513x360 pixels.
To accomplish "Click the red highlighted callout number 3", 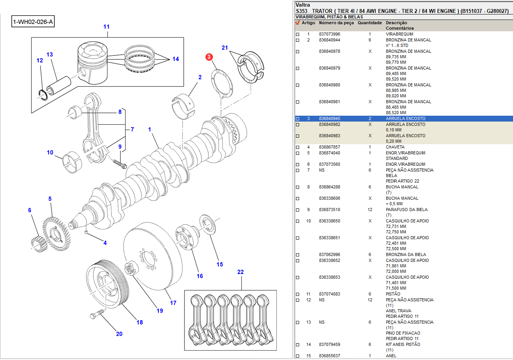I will (x=209, y=57).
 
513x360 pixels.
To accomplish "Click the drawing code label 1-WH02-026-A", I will (x=33, y=22).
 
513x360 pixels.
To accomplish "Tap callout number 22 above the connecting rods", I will (x=240, y=272).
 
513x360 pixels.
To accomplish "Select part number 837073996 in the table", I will (x=329, y=34).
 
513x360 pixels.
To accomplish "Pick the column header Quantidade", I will (x=370, y=23).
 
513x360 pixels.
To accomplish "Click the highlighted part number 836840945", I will (x=329, y=118).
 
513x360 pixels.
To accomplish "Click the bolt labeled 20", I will (x=97, y=313).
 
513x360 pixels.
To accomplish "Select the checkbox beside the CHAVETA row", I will (x=298, y=147).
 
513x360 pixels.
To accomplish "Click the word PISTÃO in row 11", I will (x=393, y=294).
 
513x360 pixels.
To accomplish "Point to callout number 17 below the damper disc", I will (x=173, y=303).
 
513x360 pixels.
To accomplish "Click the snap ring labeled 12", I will (x=45, y=94).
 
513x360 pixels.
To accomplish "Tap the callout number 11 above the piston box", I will (x=106, y=27).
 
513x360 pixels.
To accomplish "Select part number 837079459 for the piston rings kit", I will (x=329, y=344).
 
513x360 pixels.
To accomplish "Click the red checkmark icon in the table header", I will (x=298, y=23).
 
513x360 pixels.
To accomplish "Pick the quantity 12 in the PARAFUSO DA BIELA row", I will (x=370, y=210).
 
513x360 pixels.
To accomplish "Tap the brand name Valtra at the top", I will (x=303, y=5).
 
